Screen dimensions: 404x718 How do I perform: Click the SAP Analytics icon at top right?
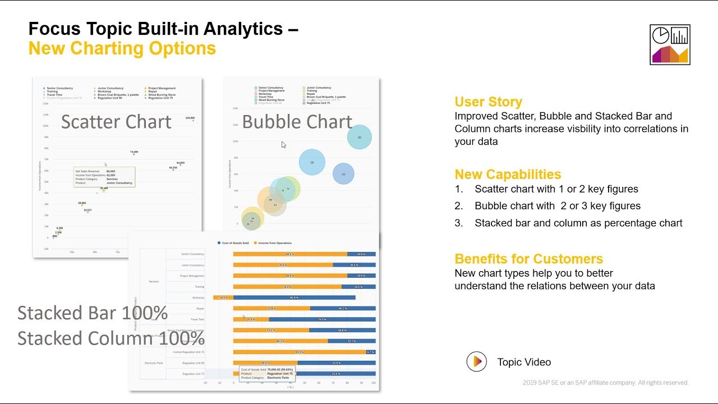click(x=670, y=44)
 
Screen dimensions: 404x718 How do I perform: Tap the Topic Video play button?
click(x=477, y=362)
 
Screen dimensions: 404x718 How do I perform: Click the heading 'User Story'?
click(x=488, y=102)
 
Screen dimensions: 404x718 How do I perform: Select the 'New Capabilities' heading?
click(x=508, y=174)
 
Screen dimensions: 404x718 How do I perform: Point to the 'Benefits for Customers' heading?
click(x=528, y=259)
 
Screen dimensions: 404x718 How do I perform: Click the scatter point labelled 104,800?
click(x=193, y=121)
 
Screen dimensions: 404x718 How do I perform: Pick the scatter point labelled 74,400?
click(x=134, y=154)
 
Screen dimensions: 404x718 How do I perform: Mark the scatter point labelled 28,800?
click(x=82, y=205)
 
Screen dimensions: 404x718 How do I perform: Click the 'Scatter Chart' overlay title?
click(x=116, y=122)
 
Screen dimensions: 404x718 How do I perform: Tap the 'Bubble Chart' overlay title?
click(x=297, y=122)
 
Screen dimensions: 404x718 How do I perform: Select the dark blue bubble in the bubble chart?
click(x=343, y=174)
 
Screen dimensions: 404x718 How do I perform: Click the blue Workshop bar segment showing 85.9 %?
click(x=294, y=297)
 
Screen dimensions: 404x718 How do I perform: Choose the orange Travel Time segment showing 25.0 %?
click(x=251, y=319)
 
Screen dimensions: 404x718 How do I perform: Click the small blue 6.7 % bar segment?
click(x=370, y=352)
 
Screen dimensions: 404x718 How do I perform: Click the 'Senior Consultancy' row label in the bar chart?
click(x=192, y=254)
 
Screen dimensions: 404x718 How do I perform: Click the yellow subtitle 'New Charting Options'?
click(x=122, y=48)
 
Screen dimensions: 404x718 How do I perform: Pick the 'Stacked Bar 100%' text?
click(x=93, y=313)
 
